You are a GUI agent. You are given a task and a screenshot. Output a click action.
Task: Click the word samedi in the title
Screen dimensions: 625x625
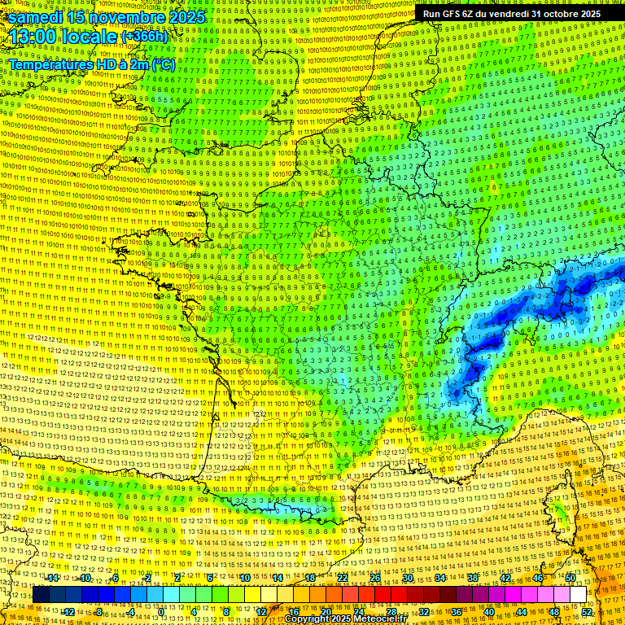tap(33, 17)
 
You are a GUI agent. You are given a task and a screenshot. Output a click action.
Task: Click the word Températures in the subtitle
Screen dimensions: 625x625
tap(50, 64)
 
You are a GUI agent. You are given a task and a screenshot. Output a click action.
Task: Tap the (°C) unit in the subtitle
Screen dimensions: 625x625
tap(163, 64)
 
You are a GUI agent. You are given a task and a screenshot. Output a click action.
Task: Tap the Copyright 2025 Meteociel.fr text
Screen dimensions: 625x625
tap(345, 619)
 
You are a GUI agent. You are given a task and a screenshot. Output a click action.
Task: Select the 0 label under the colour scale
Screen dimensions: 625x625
tap(161, 611)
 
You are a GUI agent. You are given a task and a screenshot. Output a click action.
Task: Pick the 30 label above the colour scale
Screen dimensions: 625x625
tap(407, 578)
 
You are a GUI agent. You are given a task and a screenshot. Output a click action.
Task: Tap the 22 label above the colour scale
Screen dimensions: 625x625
tap(343, 578)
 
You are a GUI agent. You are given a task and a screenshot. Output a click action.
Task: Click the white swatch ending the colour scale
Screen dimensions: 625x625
tap(579, 595)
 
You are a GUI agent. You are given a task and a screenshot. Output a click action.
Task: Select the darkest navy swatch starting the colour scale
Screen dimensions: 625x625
tap(41, 595)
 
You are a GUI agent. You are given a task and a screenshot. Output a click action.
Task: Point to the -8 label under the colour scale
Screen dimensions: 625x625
tap(98, 611)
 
